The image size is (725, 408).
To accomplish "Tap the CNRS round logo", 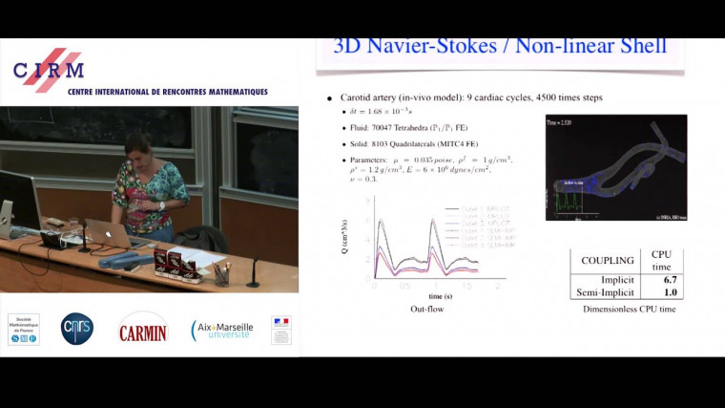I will (77, 329).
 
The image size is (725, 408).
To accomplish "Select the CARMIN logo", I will (143, 330).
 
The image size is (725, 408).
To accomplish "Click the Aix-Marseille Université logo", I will (222, 330).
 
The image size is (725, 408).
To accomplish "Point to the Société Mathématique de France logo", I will (24, 329).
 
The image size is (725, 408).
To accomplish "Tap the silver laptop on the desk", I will (106, 231).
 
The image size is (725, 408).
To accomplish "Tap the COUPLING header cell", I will (607, 260).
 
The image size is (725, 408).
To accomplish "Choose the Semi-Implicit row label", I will (607, 292).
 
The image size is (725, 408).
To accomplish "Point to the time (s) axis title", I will (436, 297).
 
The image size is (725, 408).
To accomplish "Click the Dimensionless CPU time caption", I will (628, 310).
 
